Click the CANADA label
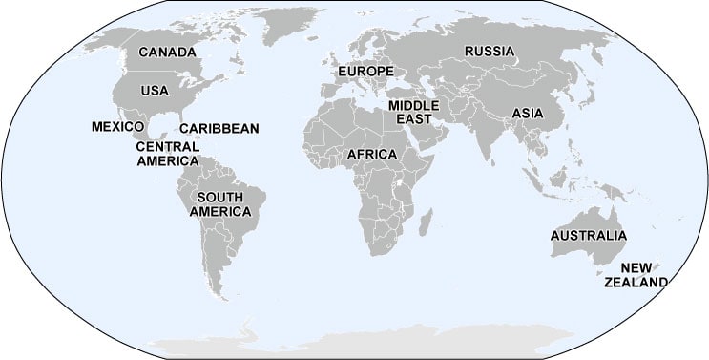point(167,53)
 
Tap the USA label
point(155,91)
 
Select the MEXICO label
point(117,127)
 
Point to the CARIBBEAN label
point(219,129)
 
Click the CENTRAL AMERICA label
point(167,154)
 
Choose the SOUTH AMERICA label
point(220,204)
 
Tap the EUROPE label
point(365,73)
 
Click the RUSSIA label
point(490,52)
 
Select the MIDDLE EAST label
point(413,111)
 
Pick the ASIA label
point(528,113)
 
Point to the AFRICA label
point(372,154)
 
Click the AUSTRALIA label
point(588,236)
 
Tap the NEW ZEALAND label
point(636,275)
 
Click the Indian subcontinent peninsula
point(487,143)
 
